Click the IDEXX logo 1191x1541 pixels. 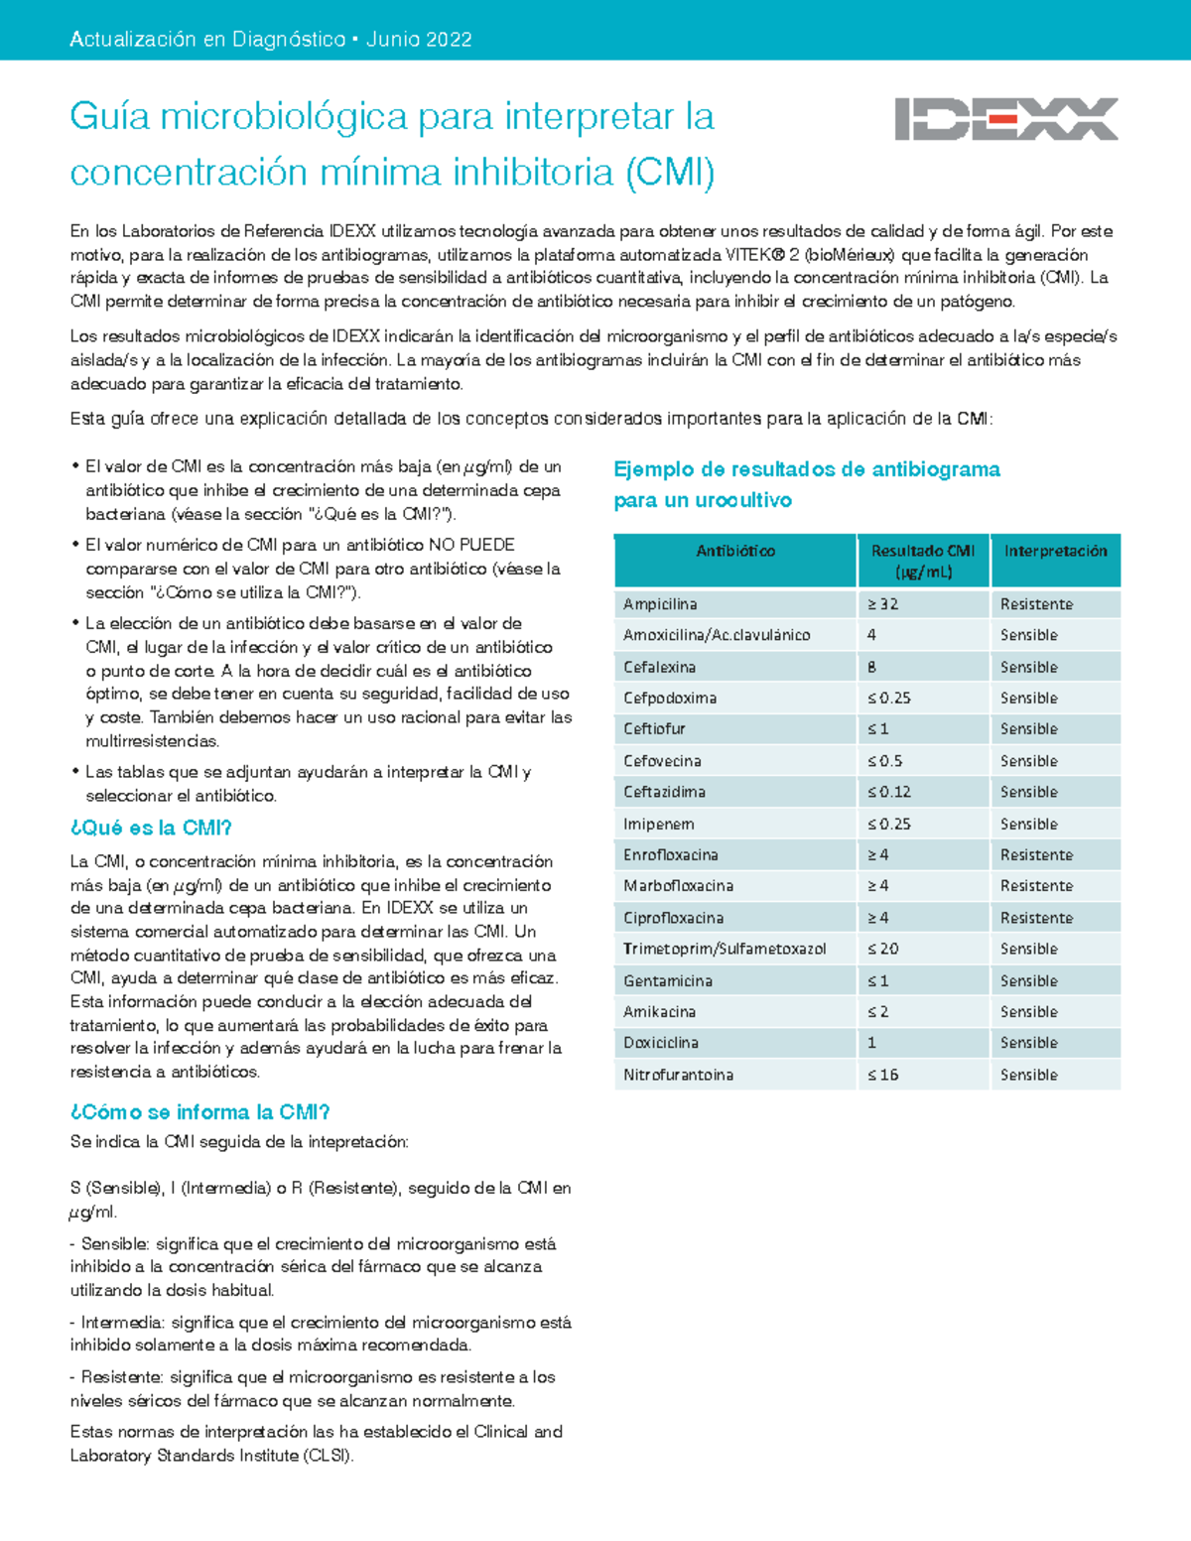click(x=1005, y=119)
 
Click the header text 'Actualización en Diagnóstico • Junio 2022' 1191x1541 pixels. click(x=270, y=40)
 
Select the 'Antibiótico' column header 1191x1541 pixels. click(x=735, y=551)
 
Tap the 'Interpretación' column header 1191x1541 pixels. click(x=1055, y=551)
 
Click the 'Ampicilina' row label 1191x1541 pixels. click(x=660, y=604)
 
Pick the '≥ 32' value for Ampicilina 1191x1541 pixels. click(x=882, y=604)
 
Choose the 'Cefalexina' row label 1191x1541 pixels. click(x=659, y=667)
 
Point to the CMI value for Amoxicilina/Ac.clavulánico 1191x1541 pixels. click(x=871, y=635)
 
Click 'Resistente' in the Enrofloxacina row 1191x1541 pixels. click(x=1036, y=854)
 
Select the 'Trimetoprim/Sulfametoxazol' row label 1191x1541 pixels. click(x=725, y=949)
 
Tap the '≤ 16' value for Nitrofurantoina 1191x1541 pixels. click(x=882, y=1075)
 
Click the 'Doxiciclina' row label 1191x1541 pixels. click(x=661, y=1043)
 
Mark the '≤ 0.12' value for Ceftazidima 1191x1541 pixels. click(x=888, y=792)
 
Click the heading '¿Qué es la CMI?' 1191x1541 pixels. click(x=151, y=828)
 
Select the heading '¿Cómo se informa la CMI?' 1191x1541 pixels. click(x=199, y=1112)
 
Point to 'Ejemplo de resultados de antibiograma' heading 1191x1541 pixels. click(x=806, y=469)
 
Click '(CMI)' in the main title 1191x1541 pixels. click(x=669, y=173)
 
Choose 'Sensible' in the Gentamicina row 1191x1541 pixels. click(x=1028, y=980)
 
